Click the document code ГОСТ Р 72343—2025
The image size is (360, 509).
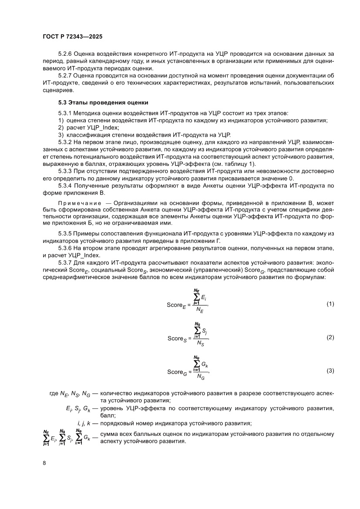(73, 37)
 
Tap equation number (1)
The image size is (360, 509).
(330, 303)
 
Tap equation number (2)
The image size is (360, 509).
(330, 337)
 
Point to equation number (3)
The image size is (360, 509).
(330, 371)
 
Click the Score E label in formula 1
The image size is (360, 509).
(177, 305)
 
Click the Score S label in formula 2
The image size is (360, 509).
(178, 339)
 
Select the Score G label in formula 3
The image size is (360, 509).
(178, 372)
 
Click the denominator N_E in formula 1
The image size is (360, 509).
(200, 310)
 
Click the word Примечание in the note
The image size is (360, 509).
(79, 203)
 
